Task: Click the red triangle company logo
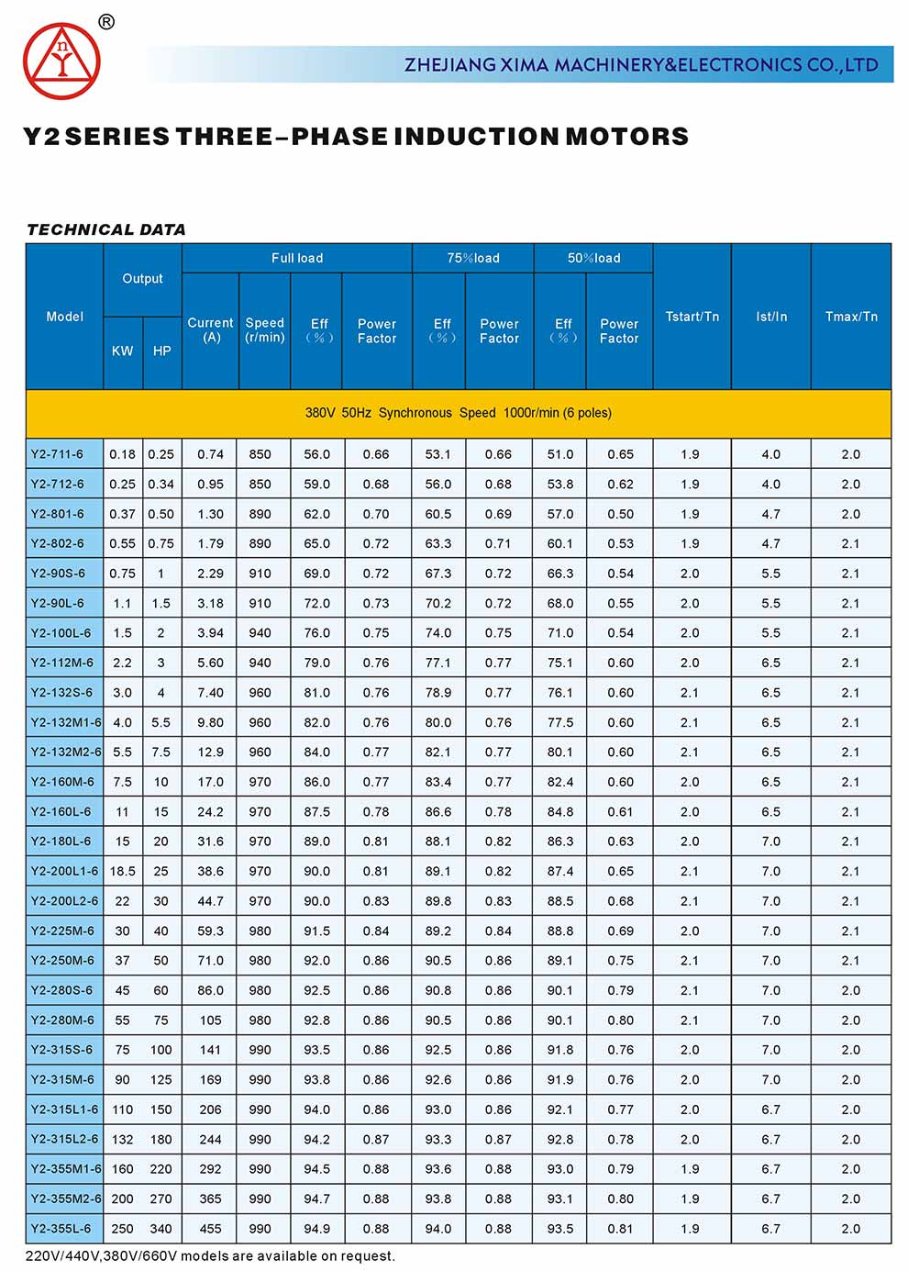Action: [x=61, y=61]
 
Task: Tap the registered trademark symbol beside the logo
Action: [x=106, y=22]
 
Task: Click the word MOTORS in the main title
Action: [x=626, y=137]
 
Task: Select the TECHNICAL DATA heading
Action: [x=106, y=229]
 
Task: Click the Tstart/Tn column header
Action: [x=692, y=317]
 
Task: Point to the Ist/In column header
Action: [x=770, y=317]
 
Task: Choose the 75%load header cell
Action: [x=473, y=258]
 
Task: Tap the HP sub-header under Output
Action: [x=161, y=351]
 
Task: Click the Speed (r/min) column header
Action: [x=264, y=330]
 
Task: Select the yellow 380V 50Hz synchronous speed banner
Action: [x=458, y=413]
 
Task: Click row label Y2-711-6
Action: [x=57, y=454]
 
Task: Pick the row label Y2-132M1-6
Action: [x=65, y=722]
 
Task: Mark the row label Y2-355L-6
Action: [x=61, y=1229]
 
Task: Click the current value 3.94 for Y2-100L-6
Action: [x=210, y=633]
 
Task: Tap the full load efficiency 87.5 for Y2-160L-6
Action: [x=316, y=812]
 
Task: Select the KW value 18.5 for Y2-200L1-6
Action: [x=122, y=872]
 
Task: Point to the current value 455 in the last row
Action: [x=210, y=1229]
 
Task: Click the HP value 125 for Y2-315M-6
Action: [x=161, y=1080]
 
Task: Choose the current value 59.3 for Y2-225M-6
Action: [x=210, y=931]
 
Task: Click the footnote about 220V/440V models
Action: [x=210, y=1256]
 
